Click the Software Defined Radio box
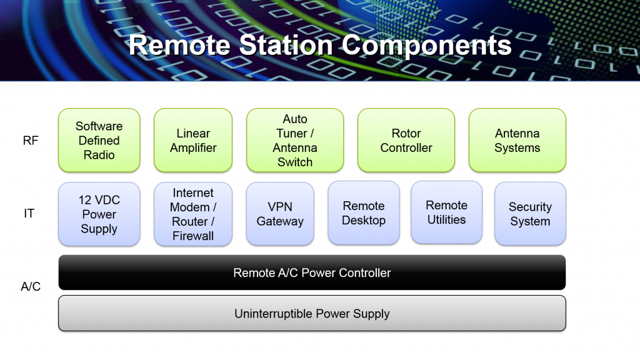99,140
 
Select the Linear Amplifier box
193,140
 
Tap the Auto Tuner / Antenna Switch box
295,140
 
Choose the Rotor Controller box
406,140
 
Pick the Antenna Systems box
517,140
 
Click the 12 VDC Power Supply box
99,214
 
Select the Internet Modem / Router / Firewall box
193,214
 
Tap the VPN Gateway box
280,214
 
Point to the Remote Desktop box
364,212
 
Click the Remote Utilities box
446,212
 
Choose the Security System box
530,214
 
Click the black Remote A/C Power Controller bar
312,272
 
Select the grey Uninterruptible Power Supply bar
312,313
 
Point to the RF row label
31,141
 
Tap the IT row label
29,213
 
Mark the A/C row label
31,286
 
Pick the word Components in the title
426,46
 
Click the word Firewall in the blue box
193,236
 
